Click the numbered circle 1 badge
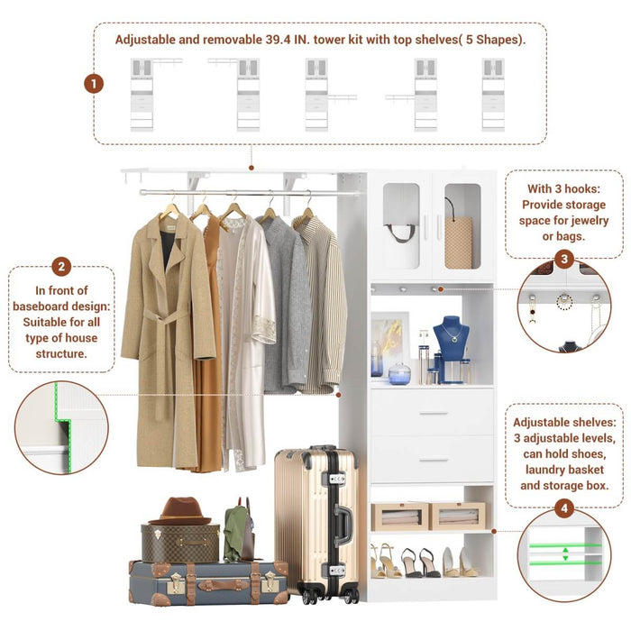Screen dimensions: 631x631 click(x=94, y=84)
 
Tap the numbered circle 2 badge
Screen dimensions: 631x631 click(x=61, y=266)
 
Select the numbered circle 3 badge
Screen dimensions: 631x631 click(x=564, y=260)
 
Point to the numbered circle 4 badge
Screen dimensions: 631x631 click(x=564, y=509)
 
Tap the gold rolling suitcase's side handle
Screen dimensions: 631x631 click(x=343, y=520)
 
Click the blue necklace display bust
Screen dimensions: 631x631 click(x=451, y=341)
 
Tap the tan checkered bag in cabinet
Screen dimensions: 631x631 click(x=458, y=241)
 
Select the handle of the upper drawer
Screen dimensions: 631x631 click(x=433, y=413)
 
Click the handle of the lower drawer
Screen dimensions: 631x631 click(x=433, y=460)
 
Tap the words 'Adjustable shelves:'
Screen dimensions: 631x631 click(x=564, y=422)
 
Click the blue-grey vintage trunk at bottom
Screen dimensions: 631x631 click(x=207, y=581)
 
